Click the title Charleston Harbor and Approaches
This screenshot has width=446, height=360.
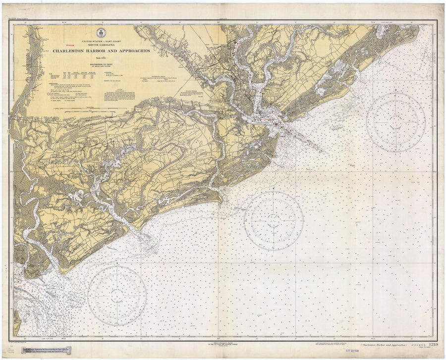[101, 51]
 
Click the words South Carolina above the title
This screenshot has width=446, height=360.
[101, 45]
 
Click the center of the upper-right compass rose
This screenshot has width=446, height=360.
[395, 122]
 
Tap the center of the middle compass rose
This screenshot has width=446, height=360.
[274, 220]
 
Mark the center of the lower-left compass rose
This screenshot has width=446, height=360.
[117, 296]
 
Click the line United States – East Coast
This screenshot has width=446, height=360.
[101, 42]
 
